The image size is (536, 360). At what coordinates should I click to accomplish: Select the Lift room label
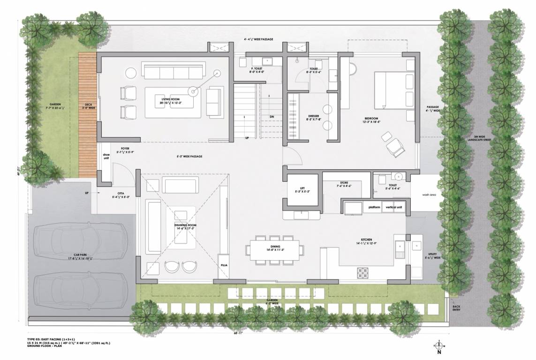click(302, 189)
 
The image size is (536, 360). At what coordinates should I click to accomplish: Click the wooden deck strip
click(87, 114)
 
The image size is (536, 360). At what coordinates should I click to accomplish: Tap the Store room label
click(344, 184)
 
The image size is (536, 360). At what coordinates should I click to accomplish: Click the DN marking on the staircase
click(272, 116)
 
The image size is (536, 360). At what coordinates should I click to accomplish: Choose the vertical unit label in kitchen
click(394, 207)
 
